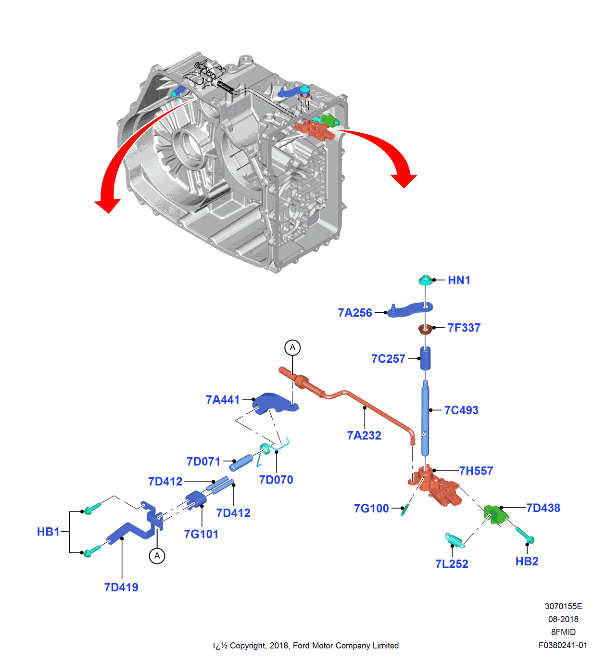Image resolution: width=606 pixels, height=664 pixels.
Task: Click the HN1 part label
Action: click(x=459, y=280)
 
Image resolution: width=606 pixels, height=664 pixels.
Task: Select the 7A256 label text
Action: click(x=355, y=313)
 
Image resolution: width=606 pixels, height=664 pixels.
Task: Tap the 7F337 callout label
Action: click(x=464, y=328)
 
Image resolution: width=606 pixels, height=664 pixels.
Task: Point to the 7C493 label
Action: click(x=461, y=410)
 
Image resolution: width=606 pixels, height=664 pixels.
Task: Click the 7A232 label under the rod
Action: click(x=364, y=435)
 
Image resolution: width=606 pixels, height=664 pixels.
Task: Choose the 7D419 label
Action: click(x=121, y=587)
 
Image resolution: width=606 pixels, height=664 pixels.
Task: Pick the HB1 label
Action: click(x=48, y=532)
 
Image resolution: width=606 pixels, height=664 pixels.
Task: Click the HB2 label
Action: click(x=527, y=562)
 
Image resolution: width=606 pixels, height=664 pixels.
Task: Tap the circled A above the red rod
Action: click(x=292, y=347)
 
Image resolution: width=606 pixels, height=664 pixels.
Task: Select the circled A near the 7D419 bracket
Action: click(x=157, y=556)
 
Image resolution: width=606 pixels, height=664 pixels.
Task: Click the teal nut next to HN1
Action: click(x=425, y=280)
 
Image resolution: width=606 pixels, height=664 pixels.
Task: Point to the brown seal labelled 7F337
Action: click(x=425, y=329)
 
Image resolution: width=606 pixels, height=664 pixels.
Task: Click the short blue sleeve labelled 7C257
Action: click(x=426, y=358)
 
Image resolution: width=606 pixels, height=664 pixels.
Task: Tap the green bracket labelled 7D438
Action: click(x=495, y=514)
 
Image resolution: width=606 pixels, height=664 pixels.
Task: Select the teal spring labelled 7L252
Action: click(x=454, y=540)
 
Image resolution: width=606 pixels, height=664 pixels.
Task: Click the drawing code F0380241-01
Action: click(x=563, y=645)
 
